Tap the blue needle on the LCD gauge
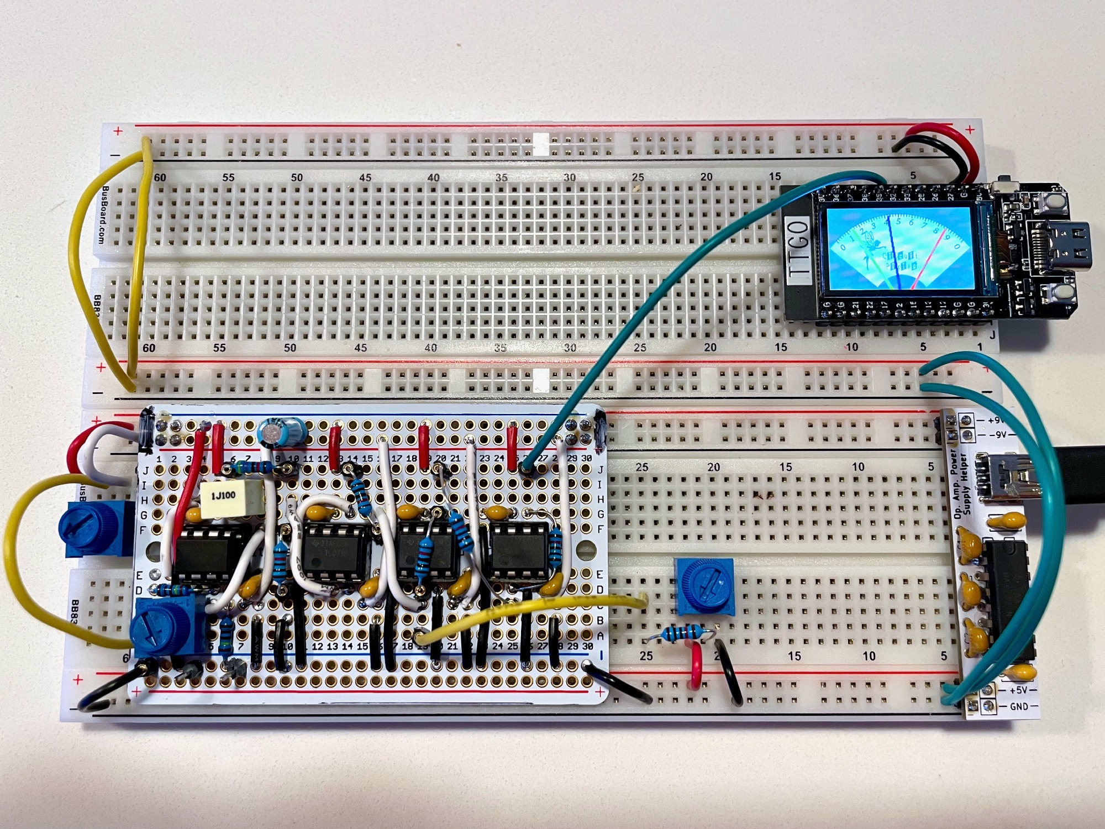(894, 254)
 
